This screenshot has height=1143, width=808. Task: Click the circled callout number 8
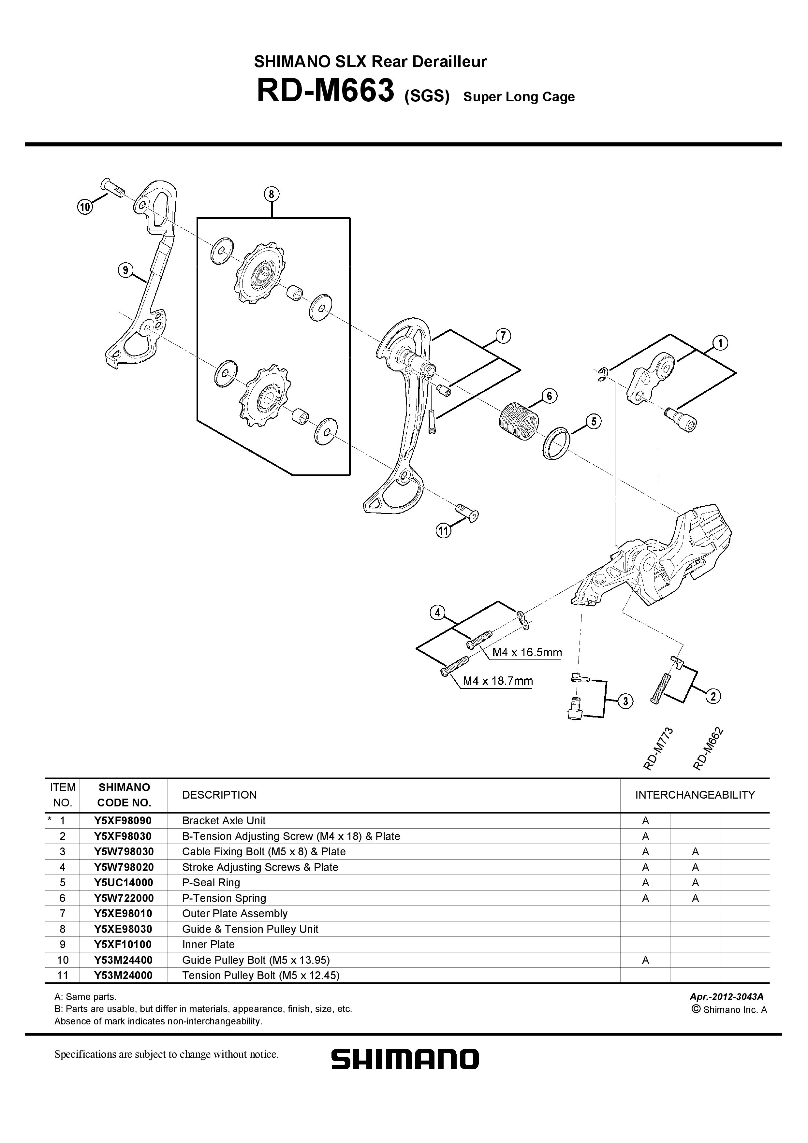(271, 195)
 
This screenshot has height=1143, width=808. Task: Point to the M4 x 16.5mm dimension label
(527, 652)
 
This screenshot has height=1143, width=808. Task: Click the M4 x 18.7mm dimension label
(497, 681)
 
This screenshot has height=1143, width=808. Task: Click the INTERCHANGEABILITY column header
(695, 795)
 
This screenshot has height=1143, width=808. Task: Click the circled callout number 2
(713, 696)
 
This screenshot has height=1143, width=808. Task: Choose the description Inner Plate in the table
(208, 944)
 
